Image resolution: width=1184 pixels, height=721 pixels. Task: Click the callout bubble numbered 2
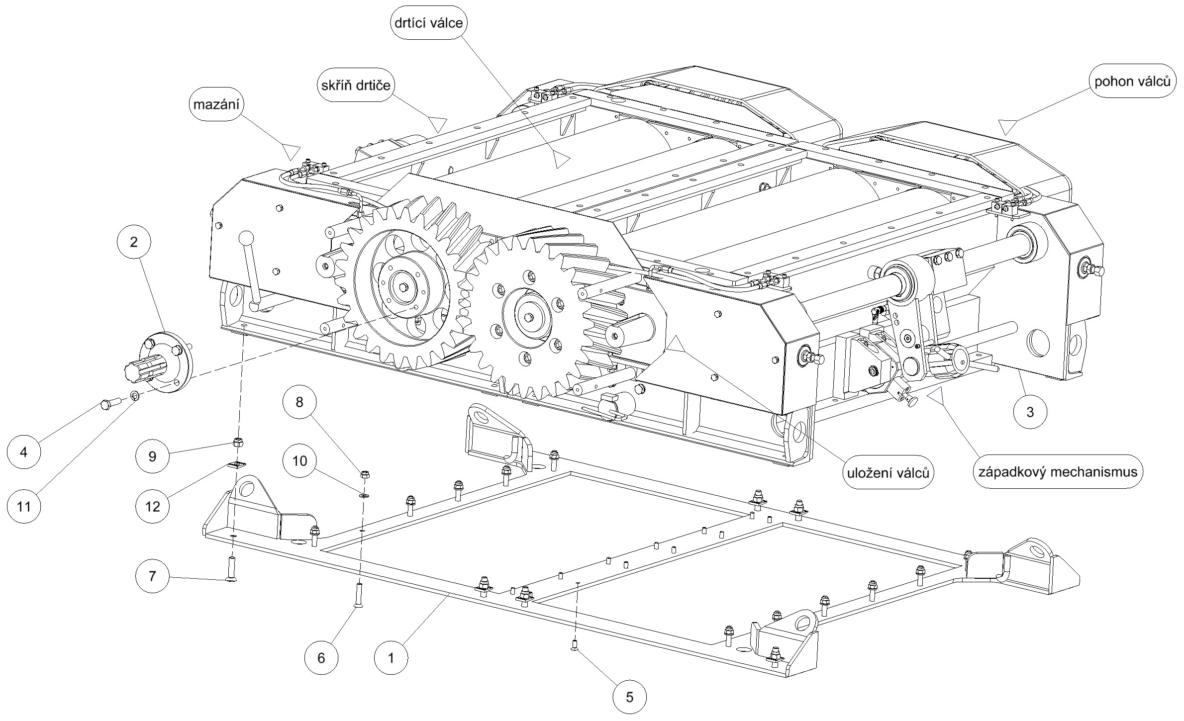133,242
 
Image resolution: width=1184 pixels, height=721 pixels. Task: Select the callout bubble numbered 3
1030,412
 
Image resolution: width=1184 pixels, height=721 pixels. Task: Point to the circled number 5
629,697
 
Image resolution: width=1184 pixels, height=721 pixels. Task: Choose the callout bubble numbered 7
152,576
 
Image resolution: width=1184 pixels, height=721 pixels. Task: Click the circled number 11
23,507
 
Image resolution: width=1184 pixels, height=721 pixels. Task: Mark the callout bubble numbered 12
152,506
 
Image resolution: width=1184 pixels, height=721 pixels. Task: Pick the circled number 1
391,658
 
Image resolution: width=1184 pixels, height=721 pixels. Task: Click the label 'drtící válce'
429,23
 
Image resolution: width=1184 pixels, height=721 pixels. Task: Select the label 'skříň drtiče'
355,85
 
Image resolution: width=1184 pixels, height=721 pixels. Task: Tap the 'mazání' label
219,105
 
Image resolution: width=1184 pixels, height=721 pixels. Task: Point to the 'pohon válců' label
1132,82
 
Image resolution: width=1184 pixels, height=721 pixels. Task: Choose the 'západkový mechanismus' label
1058,471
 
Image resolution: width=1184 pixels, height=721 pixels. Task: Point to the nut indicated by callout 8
364,473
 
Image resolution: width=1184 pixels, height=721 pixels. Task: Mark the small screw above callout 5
574,646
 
